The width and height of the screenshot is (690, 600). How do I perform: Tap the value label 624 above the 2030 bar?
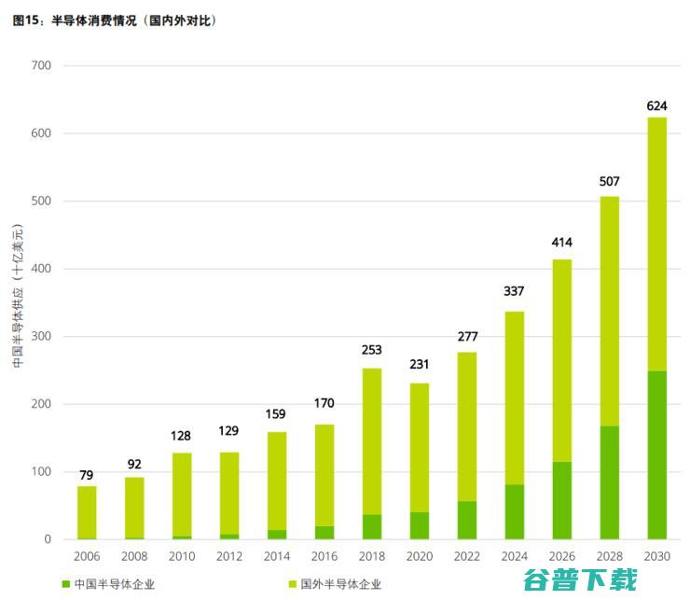point(656,105)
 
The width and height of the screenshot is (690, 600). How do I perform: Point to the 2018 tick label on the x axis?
point(371,557)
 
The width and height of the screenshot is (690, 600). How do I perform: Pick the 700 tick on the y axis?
point(42,66)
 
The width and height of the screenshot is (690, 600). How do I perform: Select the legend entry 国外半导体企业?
point(339,584)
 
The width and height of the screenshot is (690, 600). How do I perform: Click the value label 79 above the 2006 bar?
point(87,474)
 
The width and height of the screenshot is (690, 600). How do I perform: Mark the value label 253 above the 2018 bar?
point(371,350)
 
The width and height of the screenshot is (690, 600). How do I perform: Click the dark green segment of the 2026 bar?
point(561,500)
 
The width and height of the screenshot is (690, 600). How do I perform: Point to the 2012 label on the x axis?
point(228,557)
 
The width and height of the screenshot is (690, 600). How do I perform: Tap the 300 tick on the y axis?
point(42,337)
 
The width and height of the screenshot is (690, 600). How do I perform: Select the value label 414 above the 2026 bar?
point(561,243)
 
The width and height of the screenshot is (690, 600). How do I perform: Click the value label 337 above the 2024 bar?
point(514,292)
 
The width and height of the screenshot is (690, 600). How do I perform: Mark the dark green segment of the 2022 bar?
point(466,521)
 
